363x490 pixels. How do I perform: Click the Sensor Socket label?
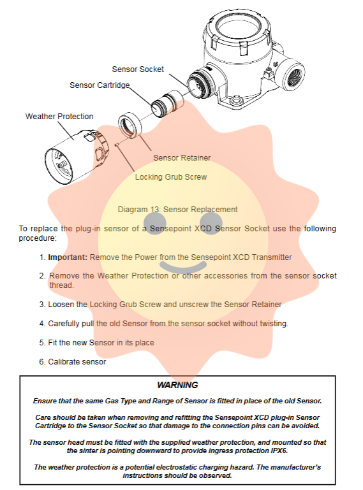[x=138, y=69]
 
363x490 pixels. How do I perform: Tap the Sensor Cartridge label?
[x=100, y=85]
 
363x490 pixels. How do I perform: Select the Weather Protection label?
[x=59, y=116]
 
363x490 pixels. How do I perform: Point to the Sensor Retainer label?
[x=182, y=158]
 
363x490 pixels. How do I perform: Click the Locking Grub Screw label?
[x=171, y=177]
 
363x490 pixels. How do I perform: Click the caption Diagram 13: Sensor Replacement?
[x=177, y=210]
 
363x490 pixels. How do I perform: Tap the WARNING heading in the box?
[x=177, y=385]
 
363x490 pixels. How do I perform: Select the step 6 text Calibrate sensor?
[x=77, y=361]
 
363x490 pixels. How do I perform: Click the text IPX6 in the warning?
[x=279, y=450]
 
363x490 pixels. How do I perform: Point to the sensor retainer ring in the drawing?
[x=130, y=124]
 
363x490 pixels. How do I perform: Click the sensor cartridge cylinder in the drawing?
[x=167, y=104]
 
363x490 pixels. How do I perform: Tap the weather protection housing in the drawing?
[x=77, y=156]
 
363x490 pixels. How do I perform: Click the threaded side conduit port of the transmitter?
[x=293, y=76]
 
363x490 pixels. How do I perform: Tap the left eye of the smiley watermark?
[x=155, y=223]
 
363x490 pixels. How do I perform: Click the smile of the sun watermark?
[x=183, y=267]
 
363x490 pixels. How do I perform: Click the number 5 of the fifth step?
[x=42, y=343]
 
